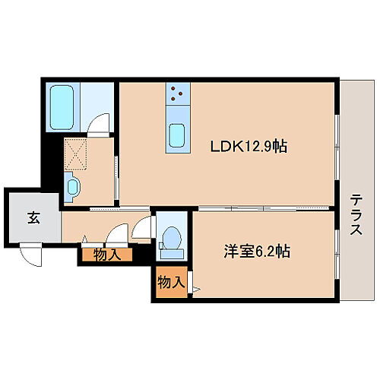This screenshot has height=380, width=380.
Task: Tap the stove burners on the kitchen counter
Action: point(179,93)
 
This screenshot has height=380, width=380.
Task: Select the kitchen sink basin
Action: point(179,134)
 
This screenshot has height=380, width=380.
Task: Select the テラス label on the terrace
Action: point(357,215)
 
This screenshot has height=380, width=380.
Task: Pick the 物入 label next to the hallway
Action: point(107,255)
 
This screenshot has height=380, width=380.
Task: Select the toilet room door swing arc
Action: point(144,226)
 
